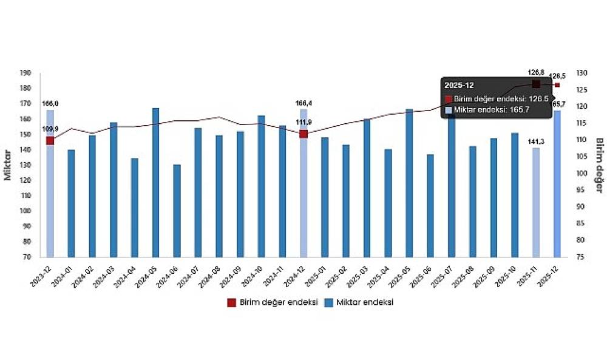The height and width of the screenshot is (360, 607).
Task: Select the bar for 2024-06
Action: point(177,211)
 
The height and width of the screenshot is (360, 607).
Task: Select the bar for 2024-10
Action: point(262,186)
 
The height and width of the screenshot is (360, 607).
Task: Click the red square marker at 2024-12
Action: point(303,134)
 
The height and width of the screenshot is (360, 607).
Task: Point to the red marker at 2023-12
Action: point(50,141)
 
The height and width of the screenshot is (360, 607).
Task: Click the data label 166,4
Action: point(303,104)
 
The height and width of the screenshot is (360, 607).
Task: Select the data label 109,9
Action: point(50,129)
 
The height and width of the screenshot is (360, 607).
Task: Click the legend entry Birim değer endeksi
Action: point(273,302)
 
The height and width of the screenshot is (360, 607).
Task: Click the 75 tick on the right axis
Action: point(580,257)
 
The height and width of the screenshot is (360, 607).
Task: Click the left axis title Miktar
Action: point(8,165)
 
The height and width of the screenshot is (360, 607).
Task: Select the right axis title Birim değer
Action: point(599,165)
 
